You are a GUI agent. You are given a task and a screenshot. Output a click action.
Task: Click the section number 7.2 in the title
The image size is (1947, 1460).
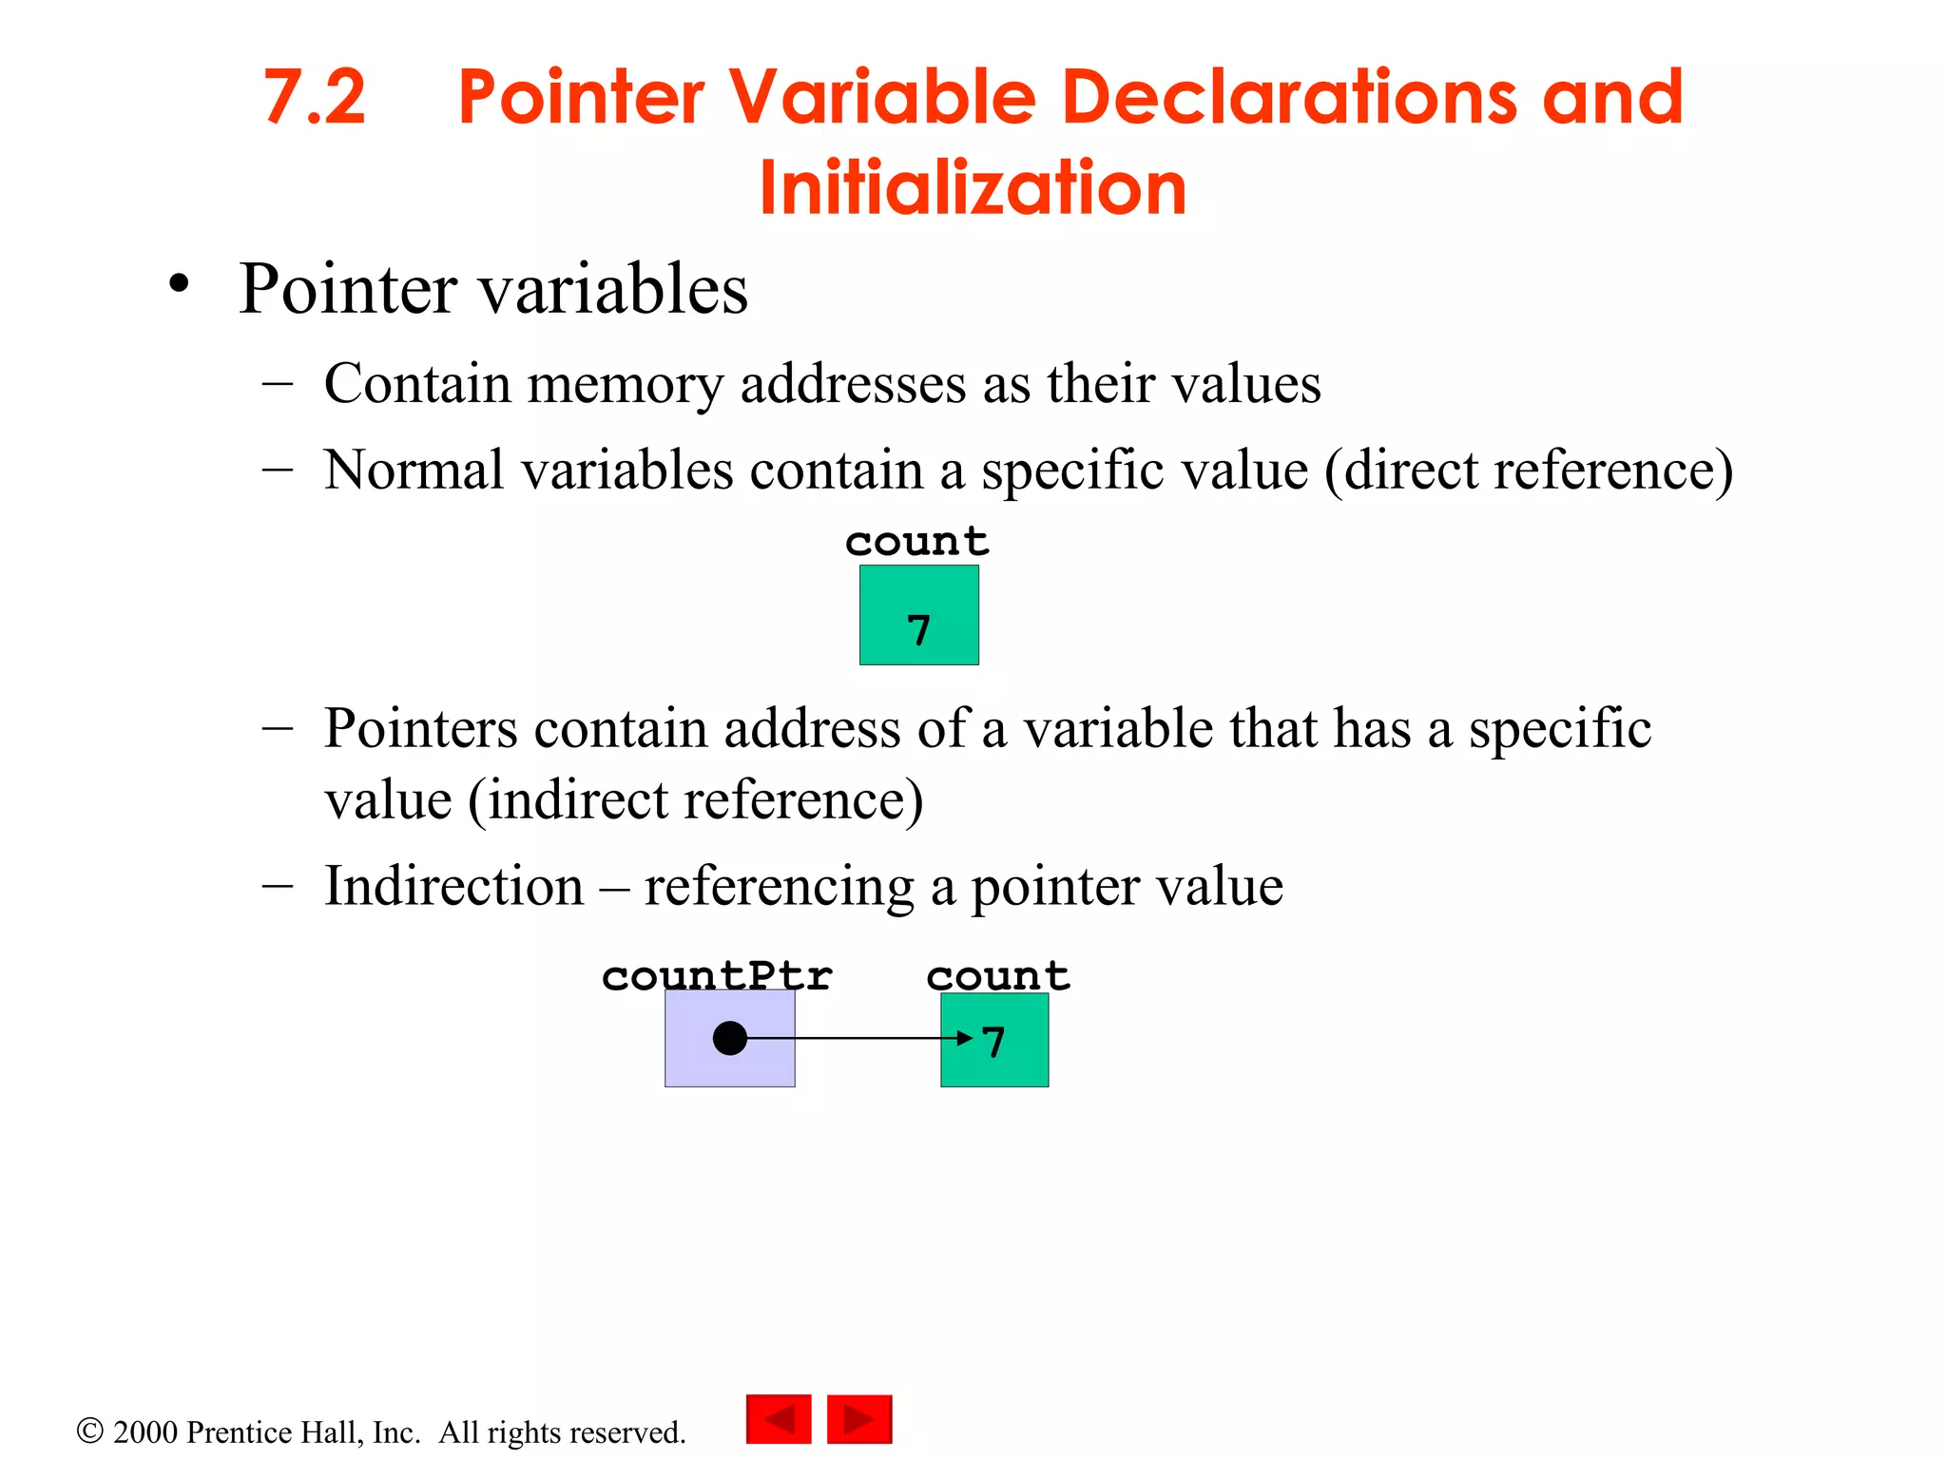pos(314,97)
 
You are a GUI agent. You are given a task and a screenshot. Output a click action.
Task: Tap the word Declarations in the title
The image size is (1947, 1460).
pos(1288,97)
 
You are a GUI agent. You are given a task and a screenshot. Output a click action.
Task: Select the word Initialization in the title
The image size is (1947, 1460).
pos(973,187)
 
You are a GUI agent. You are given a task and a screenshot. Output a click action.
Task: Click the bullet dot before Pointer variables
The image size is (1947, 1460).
pos(179,283)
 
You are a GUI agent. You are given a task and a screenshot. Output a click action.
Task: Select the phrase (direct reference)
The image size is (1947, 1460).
pos(1529,470)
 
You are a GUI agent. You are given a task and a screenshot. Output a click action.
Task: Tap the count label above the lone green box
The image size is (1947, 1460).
pos(917,542)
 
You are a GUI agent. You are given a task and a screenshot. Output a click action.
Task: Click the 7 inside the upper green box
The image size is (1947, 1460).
pos(918,631)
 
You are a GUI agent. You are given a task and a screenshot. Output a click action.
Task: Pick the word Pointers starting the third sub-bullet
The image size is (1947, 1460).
pos(420,729)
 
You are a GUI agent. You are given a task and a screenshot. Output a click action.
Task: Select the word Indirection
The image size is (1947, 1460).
pos(453,886)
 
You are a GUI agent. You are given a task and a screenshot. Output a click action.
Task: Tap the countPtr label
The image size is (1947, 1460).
pos(717,976)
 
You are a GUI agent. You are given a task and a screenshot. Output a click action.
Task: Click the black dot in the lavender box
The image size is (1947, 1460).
pos(729,1038)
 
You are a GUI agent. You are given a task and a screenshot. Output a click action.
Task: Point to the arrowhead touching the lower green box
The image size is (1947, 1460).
pos(964,1038)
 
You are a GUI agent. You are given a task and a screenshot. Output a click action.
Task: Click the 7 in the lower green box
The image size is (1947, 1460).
pos(994,1042)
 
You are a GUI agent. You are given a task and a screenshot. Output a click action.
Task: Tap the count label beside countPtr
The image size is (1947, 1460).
pos(998,976)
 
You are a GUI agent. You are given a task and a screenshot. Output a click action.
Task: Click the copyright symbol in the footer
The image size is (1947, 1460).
pos(89,1431)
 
